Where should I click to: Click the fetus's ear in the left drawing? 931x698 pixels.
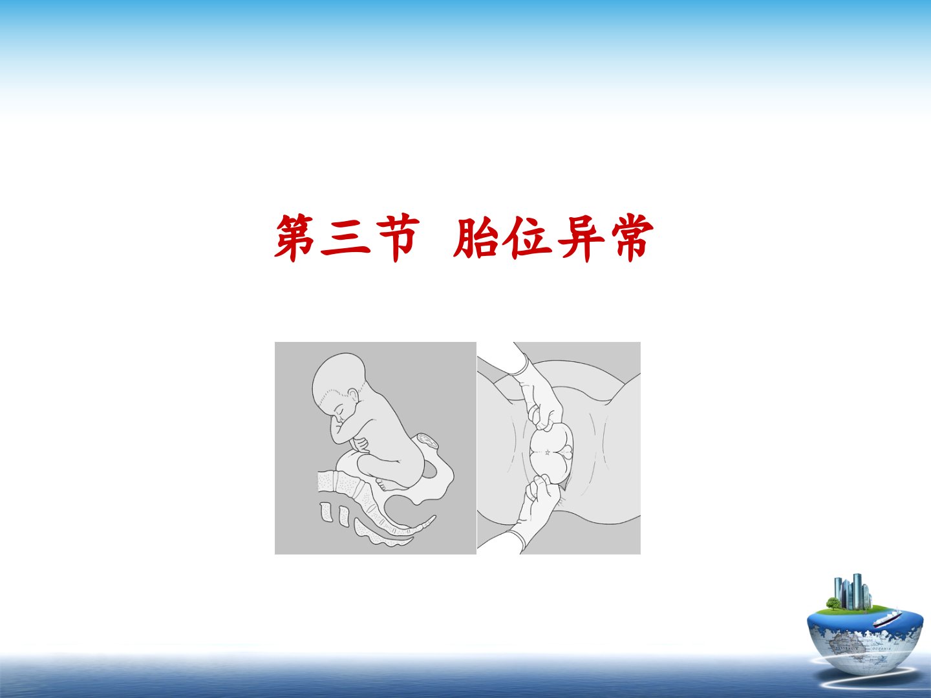(353, 396)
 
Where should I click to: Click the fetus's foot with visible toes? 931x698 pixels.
(385, 483)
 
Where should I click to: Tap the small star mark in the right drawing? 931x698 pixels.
(547, 452)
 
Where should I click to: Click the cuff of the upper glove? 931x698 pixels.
(520, 365)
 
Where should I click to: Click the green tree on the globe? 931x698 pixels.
(833, 603)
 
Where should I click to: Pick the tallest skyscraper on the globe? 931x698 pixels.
(857, 591)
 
